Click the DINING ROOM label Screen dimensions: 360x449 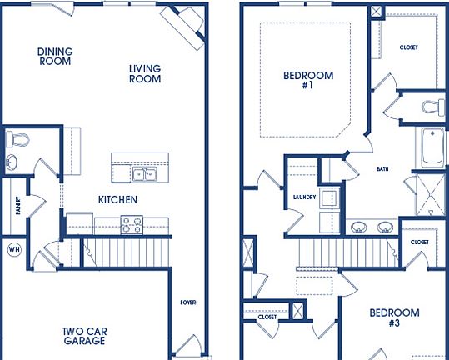click(55, 56)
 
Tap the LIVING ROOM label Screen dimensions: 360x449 click(144, 74)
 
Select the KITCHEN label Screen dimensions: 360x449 click(117, 200)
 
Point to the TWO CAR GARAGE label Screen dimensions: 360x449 click(84, 336)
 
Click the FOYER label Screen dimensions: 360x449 click(187, 302)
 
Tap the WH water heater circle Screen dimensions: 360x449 click(14, 249)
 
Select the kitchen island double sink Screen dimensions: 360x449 click(145, 173)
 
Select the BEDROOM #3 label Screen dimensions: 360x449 click(394, 317)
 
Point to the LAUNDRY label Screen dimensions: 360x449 click(305, 197)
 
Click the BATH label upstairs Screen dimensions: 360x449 click(382, 169)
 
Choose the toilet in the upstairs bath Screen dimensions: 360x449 click(432, 107)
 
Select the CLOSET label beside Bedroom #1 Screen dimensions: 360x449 click(408, 47)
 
